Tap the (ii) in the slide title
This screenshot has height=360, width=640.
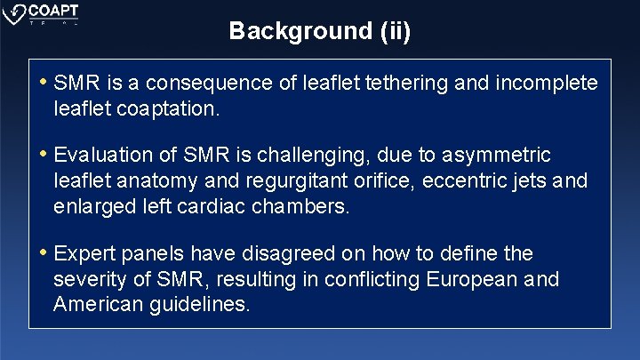[x=394, y=31]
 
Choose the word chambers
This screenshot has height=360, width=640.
[x=301, y=207]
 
